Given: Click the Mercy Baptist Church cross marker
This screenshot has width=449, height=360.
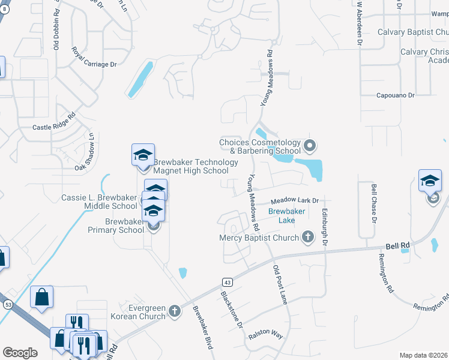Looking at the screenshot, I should click(x=308, y=237).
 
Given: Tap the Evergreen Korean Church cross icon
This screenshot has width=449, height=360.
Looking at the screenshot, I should click(x=174, y=311).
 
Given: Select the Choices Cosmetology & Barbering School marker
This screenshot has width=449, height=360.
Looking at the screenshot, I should click(x=310, y=145).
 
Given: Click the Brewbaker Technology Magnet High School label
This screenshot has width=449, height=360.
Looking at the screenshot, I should click(x=191, y=166).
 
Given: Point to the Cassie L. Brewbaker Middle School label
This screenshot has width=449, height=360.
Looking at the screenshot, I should click(x=100, y=202).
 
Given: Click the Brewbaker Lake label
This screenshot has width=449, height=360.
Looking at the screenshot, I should click(x=286, y=216).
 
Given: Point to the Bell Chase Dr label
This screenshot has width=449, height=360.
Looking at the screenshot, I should click(x=374, y=204).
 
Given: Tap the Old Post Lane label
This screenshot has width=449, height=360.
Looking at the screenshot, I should click(x=281, y=284).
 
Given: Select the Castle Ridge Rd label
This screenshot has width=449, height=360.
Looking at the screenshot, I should click(x=54, y=122).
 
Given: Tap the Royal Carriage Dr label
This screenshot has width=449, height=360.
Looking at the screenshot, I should click(x=94, y=56).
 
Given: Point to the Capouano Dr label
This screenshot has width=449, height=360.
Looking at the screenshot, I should click(x=395, y=95).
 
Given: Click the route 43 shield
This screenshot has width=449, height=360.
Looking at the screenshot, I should click(x=227, y=282).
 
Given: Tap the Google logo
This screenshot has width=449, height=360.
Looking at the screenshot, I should click(x=20, y=352).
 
